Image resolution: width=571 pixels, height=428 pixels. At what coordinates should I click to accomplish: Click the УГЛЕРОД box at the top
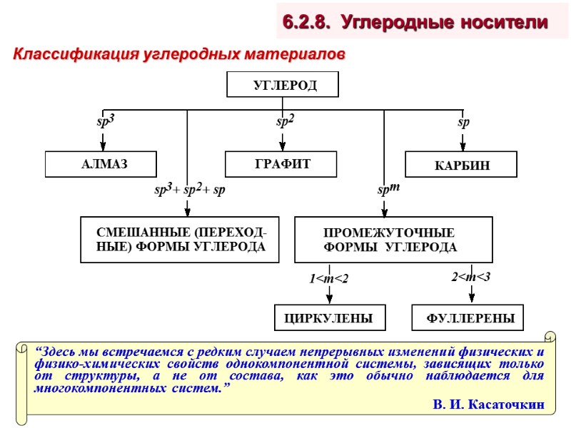pyautogui.click(x=283, y=85)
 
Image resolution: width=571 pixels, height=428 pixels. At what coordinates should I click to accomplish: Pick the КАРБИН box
pyautogui.click(x=461, y=165)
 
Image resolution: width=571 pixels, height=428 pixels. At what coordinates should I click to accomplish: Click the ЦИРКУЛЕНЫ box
pyautogui.click(x=325, y=318)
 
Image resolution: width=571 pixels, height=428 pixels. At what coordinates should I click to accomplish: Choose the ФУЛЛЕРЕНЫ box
pyautogui.click(x=468, y=318)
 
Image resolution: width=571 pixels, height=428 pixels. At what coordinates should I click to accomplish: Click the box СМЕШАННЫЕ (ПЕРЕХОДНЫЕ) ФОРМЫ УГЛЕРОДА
pyautogui.click(x=179, y=240)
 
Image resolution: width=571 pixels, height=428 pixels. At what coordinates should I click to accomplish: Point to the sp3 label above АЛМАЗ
pyautogui.click(x=106, y=122)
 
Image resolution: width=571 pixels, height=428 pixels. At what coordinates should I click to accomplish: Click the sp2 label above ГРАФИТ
pyautogui.click(x=285, y=122)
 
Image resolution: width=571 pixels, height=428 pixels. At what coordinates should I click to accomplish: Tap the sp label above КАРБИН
pyautogui.click(x=463, y=123)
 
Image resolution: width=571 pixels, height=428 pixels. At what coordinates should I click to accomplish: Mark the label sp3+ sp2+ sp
pyautogui.click(x=189, y=190)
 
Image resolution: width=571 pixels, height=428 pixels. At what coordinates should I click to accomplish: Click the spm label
pyautogui.click(x=388, y=190)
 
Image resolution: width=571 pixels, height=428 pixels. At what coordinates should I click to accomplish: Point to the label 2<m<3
pyautogui.click(x=470, y=276)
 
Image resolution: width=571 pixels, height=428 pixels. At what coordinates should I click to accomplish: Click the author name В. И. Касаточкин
pyautogui.click(x=489, y=404)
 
